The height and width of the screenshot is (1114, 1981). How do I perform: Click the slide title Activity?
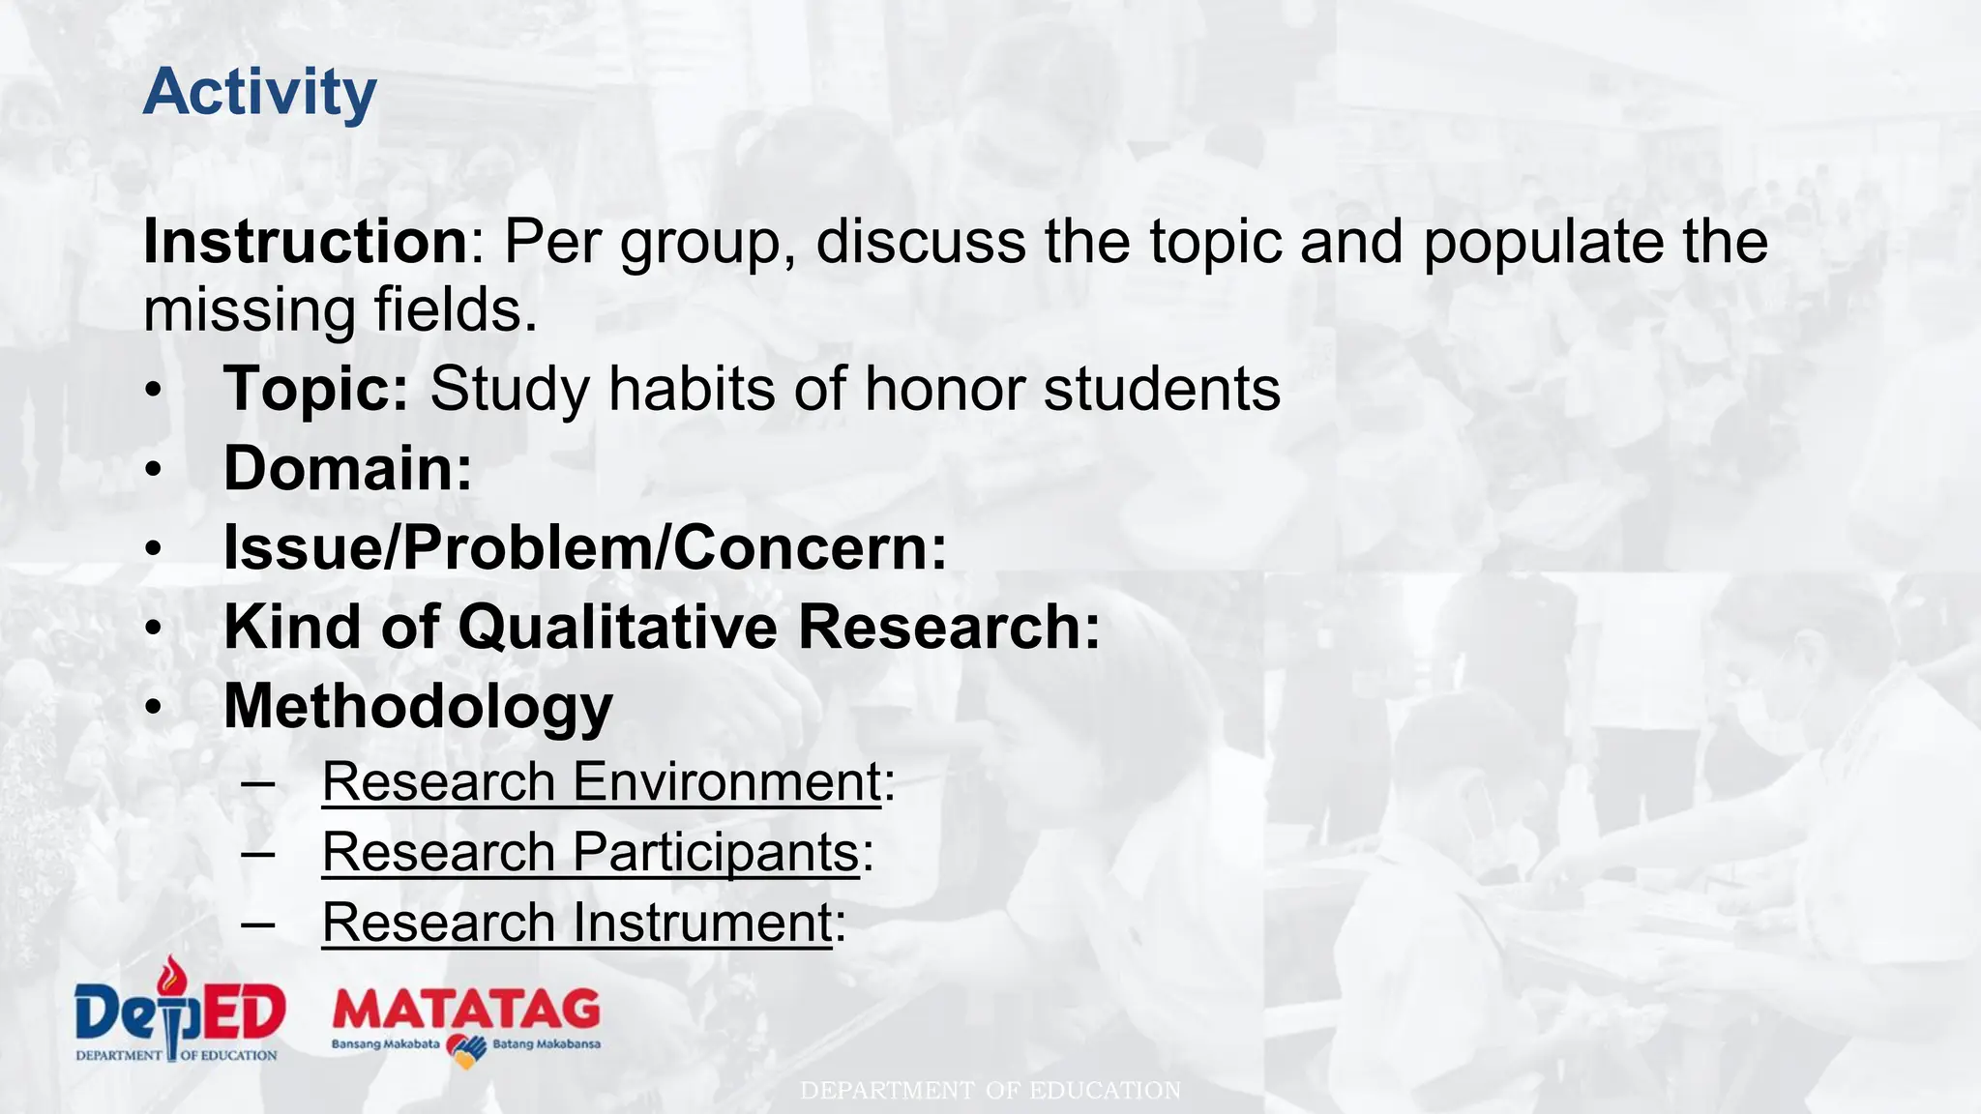(259, 94)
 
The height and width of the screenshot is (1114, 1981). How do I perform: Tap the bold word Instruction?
(306, 241)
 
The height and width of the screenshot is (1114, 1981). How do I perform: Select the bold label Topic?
(316, 389)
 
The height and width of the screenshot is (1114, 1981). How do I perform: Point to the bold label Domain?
(347, 468)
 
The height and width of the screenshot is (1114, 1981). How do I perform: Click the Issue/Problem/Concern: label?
(585, 547)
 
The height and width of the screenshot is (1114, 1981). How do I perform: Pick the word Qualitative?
(617, 627)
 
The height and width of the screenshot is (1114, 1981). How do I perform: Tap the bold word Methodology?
(418, 706)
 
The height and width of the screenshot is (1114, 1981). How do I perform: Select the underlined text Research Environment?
(601, 781)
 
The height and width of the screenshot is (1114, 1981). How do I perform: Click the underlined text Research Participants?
(590, 852)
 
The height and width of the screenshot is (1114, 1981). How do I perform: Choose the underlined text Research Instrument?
(577, 923)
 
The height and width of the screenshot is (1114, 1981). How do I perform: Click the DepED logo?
(180, 1011)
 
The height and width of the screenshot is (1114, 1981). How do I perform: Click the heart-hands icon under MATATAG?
(466, 1049)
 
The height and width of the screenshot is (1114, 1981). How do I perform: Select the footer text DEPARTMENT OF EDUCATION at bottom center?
(990, 1091)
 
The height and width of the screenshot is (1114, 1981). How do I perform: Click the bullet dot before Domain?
(154, 470)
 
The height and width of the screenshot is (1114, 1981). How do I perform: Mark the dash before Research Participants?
(258, 852)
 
